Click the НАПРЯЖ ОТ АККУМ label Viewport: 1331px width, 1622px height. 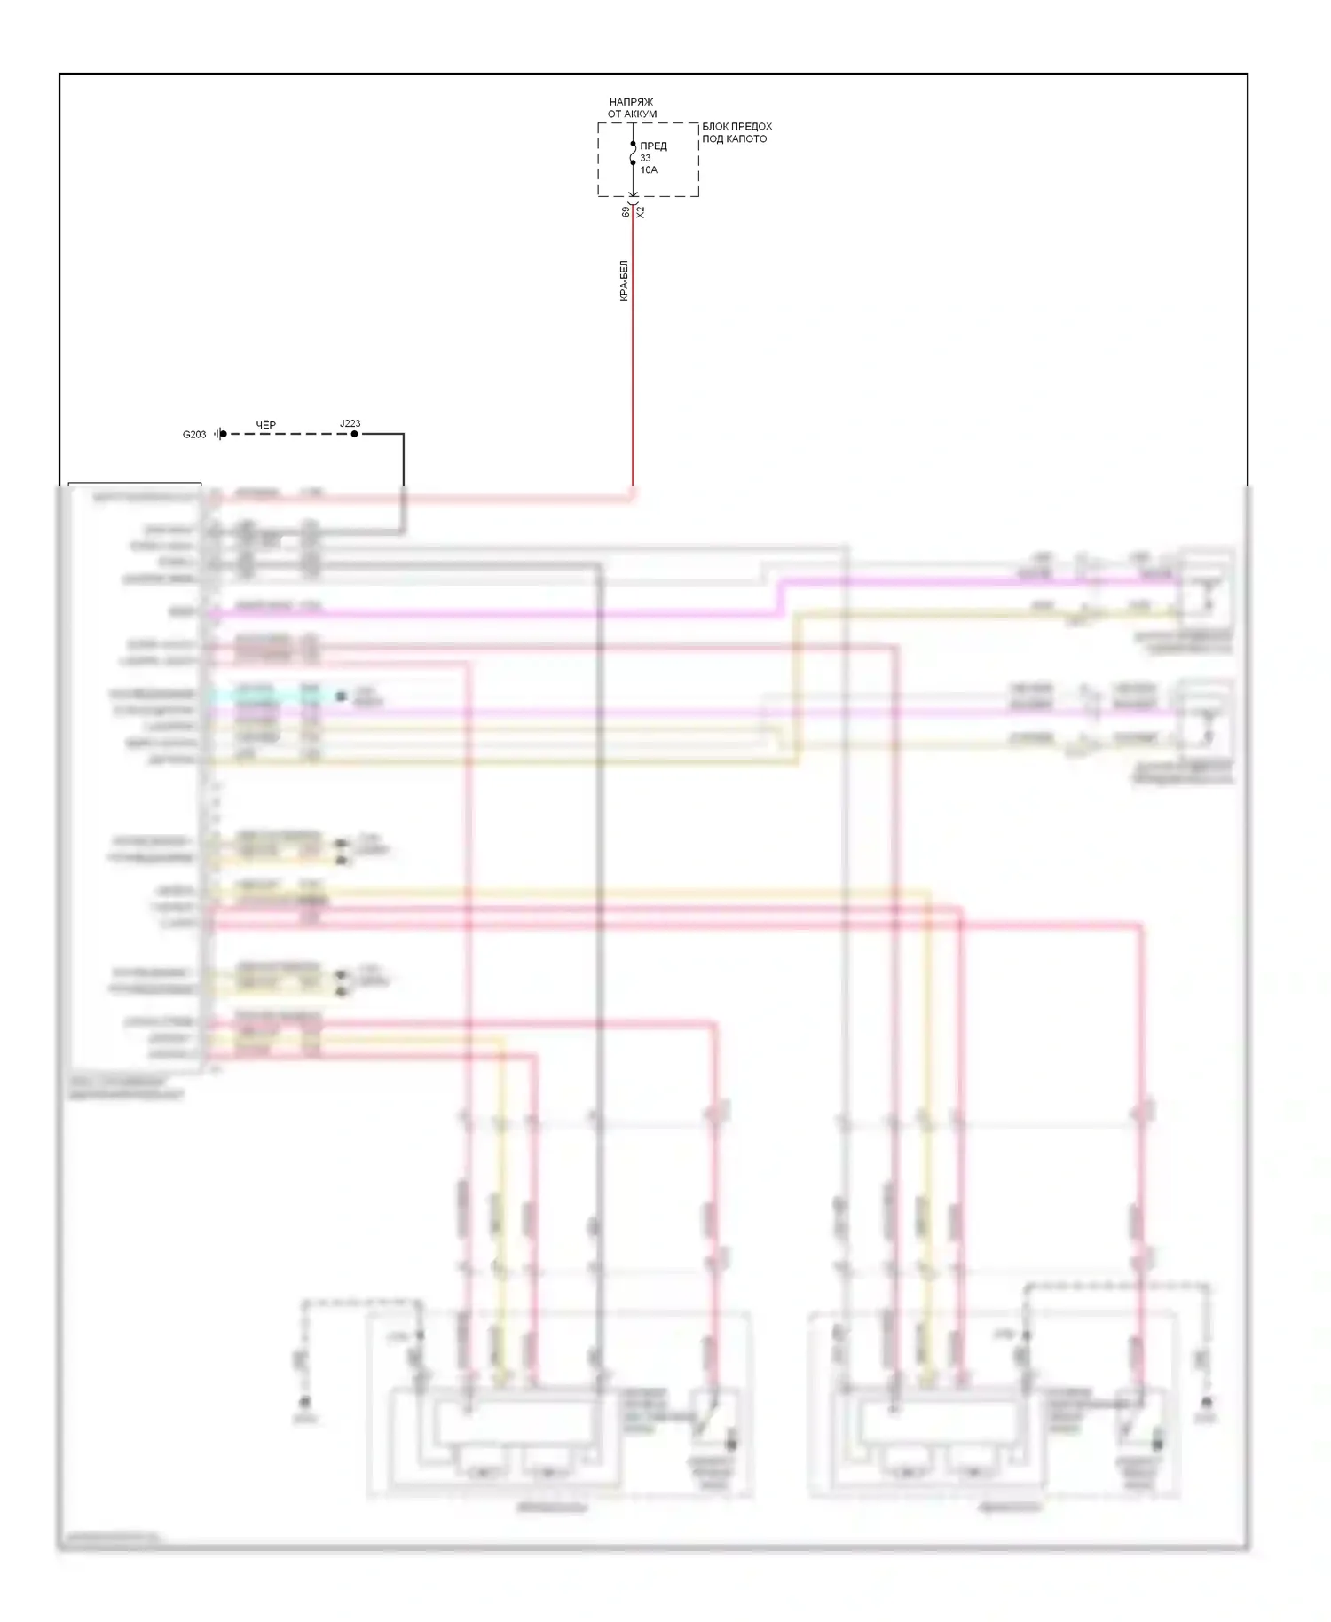point(632,108)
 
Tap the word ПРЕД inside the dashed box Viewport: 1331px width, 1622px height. point(653,146)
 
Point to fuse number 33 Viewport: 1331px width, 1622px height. point(645,158)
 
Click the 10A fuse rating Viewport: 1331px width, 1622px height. point(649,169)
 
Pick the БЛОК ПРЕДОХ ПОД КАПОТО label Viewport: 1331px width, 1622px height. point(736,132)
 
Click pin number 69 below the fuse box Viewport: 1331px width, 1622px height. point(626,212)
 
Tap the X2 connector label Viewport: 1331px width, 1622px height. point(641,212)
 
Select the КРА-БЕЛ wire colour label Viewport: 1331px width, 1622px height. point(624,280)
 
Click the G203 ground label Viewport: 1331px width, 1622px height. point(194,435)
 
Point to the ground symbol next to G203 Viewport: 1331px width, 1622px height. point(218,434)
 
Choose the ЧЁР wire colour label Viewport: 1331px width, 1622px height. point(266,425)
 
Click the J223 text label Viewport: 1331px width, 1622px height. point(350,423)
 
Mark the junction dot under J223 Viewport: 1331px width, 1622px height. point(354,434)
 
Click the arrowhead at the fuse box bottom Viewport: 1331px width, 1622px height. point(633,194)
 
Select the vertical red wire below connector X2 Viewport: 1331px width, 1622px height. point(633,355)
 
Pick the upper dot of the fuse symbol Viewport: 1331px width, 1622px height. point(633,144)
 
